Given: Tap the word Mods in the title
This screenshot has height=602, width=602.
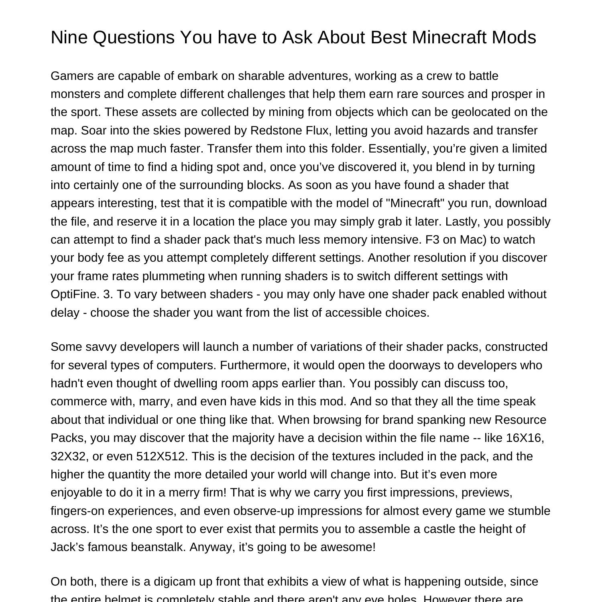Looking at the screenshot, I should (x=514, y=37).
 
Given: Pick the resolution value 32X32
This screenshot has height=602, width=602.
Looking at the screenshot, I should (x=69, y=456).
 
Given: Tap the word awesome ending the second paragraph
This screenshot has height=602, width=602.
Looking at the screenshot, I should (x=348, y=547).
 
